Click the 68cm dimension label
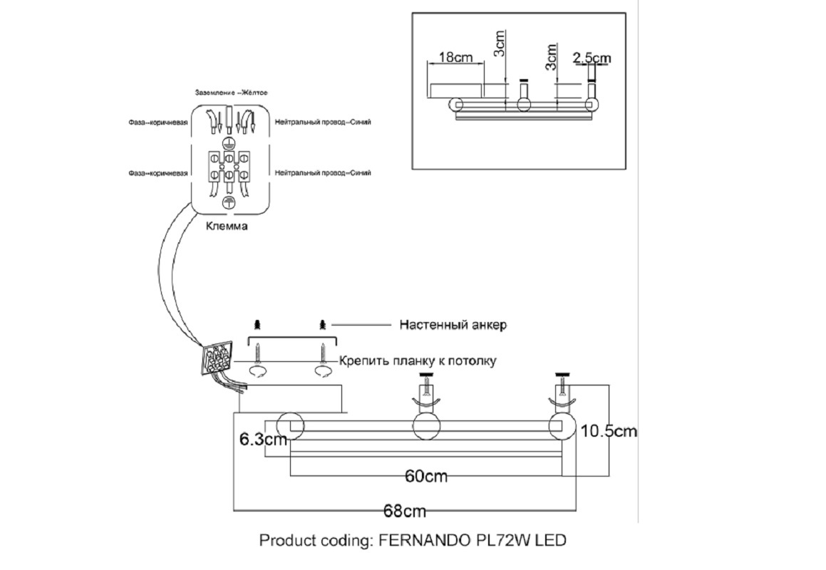click(x=405, y=511)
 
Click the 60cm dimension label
click(x=426, y=476)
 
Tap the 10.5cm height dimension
click(x=609, y=431)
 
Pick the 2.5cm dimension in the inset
click(x=592, y=58)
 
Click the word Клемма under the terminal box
click(x=227, y=227)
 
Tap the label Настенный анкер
click(x=453, y=325)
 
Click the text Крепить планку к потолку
click(x=417, y=361)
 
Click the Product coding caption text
click(x=413, y=540)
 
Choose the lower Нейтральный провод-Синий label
click(x=322, y=172)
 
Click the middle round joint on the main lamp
click(x=427, y=426)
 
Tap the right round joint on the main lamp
click(x=562, y=426)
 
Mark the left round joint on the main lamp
click(x=291, y=426)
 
